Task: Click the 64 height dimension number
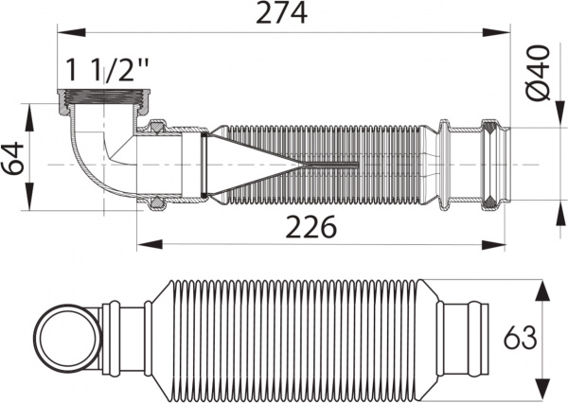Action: click(13, 154)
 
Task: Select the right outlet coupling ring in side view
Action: click(490, 164)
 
